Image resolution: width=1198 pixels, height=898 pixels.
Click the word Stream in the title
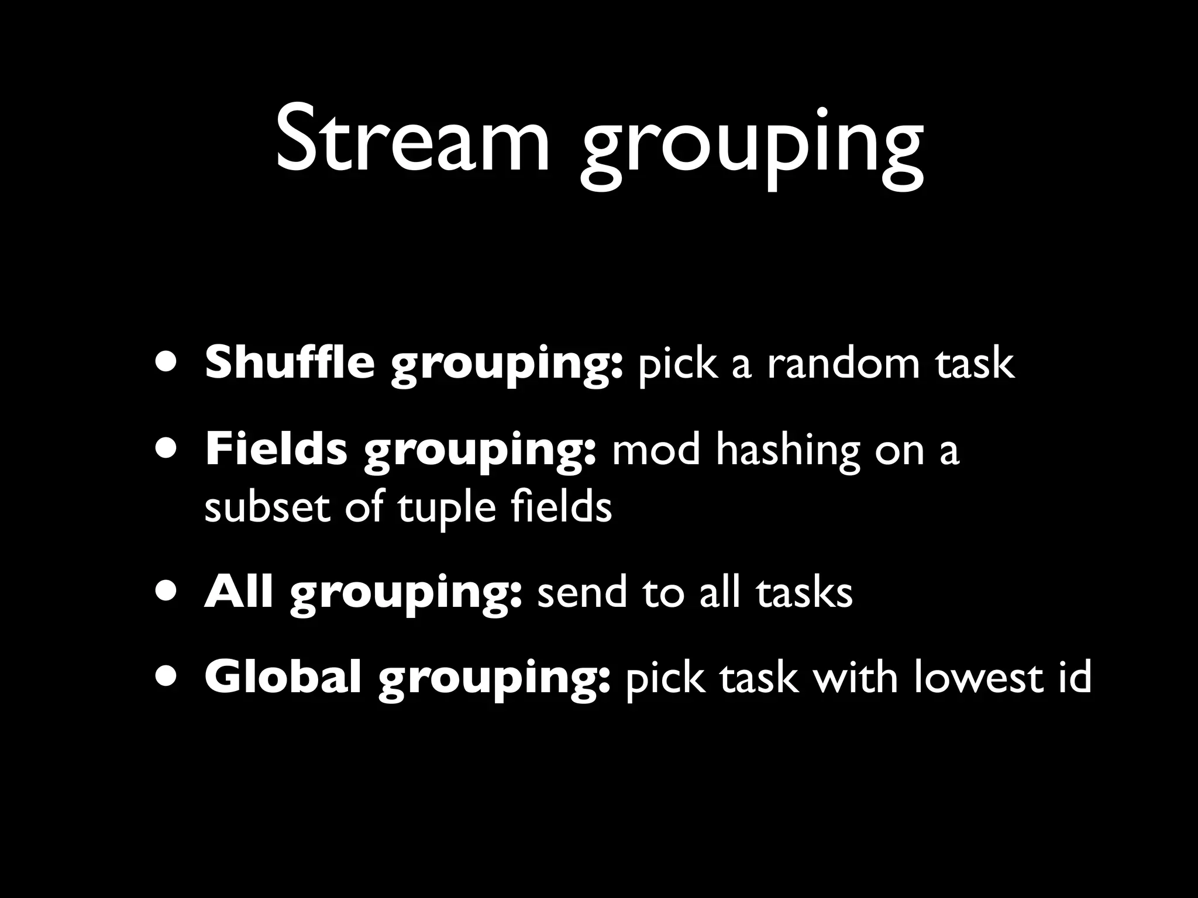(412, 140)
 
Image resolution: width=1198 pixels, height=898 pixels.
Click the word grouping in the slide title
(752, 146)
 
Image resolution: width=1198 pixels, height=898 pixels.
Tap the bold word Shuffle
(290, 362)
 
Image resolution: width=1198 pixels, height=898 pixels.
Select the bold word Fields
(276, 450)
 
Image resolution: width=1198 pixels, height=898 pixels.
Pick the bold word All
(239, 592)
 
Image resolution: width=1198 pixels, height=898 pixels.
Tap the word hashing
(788, 451)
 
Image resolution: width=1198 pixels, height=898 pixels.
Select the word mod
(656, 451)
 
